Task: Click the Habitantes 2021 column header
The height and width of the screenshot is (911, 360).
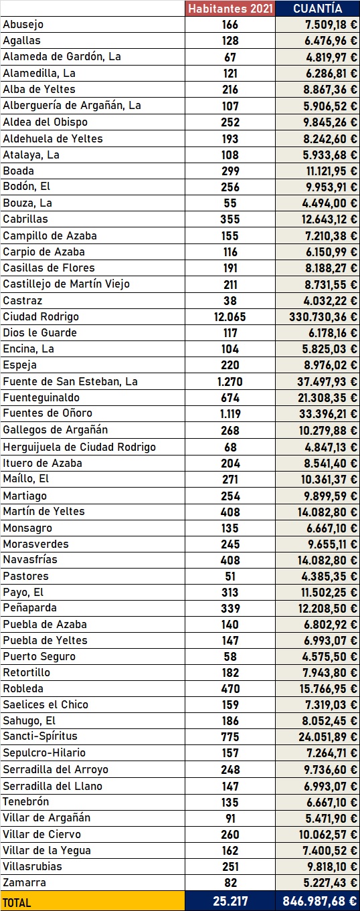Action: click(230, 9)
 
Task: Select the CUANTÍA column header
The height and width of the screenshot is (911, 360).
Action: click(318, 9)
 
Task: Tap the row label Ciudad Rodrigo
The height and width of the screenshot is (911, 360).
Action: click(41, 316)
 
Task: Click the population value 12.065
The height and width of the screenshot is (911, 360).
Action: click(230, 316)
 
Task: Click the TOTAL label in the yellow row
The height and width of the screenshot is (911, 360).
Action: click(17, 902)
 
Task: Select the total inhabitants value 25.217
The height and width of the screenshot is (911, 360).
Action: click(230, 902)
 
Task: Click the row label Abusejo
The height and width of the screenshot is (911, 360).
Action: click(23, 25)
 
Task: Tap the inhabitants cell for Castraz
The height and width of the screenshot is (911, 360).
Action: click(230, 300)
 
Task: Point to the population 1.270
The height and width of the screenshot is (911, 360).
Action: click(230, 381)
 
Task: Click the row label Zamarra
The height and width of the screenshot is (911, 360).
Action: click(23, 882)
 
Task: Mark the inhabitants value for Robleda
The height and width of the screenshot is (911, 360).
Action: click(230, 688)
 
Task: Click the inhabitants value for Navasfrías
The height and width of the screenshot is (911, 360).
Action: click(230, 560)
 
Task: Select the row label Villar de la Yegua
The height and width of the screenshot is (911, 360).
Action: click(47, 850)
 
